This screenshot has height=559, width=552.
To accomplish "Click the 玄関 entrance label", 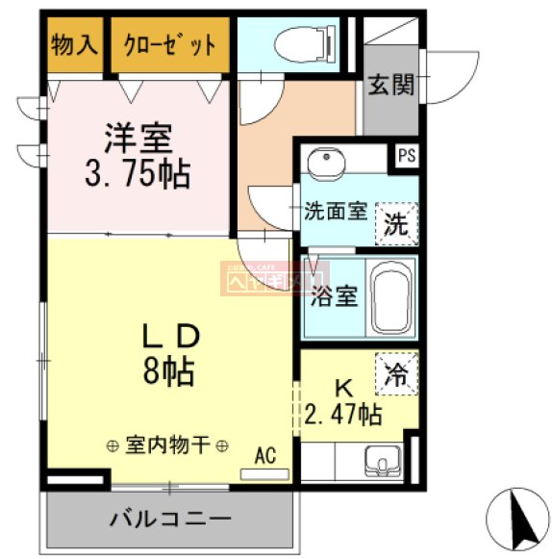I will click(391, 86).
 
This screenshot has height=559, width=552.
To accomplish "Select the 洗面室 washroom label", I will click(336, 211).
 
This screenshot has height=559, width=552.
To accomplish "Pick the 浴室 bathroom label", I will click(334, 295).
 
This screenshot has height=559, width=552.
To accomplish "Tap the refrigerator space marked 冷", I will click(397, 372).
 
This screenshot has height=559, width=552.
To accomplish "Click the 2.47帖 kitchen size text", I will click(343, 416).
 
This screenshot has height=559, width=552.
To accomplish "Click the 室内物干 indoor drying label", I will click(167, 445).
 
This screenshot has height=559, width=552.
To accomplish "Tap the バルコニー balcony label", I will click(169, 521).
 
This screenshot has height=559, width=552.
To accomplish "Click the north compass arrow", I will click(523, 517).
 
